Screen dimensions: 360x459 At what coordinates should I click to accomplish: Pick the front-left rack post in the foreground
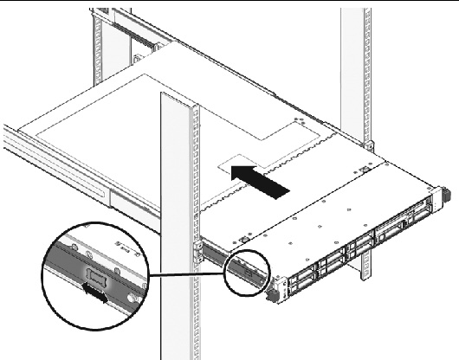(x=177, y=216)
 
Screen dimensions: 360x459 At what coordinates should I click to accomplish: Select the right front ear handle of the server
(x=443, y=195)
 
